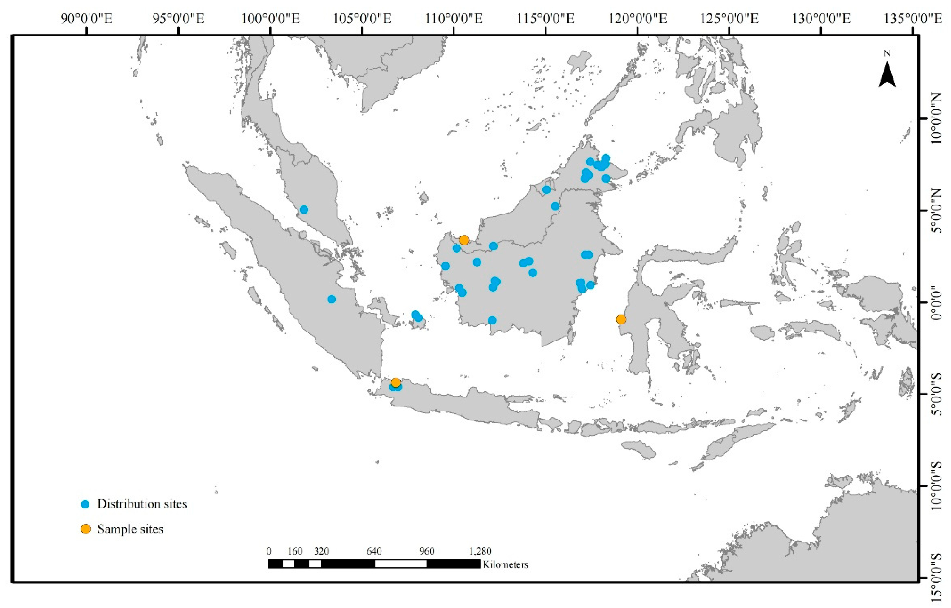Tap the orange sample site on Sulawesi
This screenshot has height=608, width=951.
click(621, 319)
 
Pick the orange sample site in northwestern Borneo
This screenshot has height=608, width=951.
click(464, 240)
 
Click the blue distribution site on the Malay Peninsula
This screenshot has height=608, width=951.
click(304, 210)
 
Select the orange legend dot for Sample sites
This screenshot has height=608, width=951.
click(85, 529)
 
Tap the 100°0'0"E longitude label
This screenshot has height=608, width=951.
click(270, 18)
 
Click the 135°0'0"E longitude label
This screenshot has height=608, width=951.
click(912, 18)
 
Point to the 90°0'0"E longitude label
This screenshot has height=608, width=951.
click(86, 18)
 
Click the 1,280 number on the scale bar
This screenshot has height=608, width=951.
click(480, 551)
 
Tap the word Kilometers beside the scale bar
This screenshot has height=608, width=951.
click(505, 564)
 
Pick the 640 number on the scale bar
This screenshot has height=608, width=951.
click(374, 551)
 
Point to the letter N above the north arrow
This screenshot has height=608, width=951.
click(887, 54)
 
